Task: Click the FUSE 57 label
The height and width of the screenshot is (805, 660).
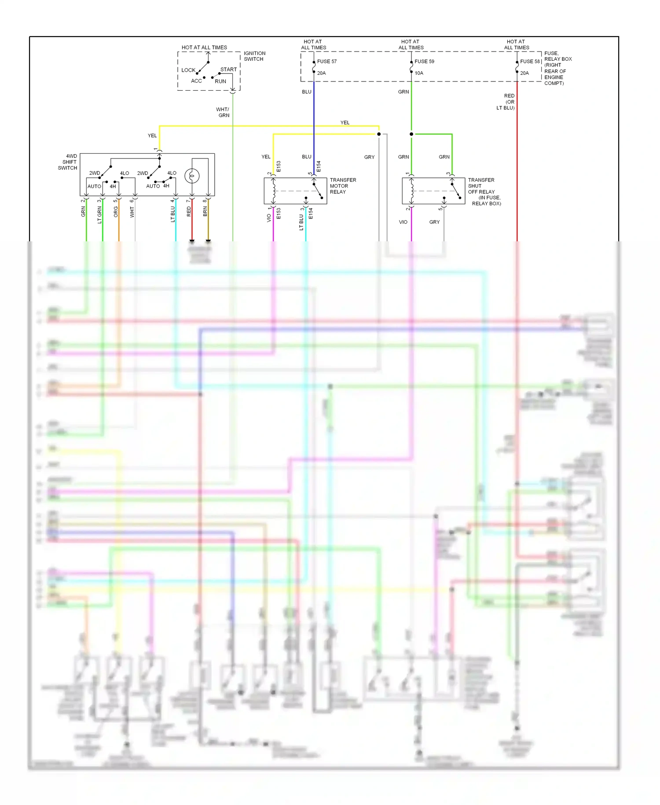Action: click(326, 62)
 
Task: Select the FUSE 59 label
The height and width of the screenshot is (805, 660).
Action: click(424, 62)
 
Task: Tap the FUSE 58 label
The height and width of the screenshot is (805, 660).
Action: click(530, 62)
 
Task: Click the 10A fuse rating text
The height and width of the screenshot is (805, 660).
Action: click(419, 73)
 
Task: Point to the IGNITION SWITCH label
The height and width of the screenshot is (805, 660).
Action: click(254, 56)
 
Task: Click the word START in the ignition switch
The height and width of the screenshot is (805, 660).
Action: click(228, 70)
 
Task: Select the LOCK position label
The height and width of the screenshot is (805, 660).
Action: click(188, 70)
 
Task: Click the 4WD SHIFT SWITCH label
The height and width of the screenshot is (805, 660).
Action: click(68, 162)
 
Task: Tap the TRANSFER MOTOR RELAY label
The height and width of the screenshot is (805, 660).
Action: click(343, 186)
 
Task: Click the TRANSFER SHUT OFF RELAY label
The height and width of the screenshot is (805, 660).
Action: click(483, 192)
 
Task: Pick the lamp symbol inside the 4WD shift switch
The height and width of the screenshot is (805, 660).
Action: click(192, 176)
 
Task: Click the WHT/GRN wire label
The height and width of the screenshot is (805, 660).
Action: click(223, 112)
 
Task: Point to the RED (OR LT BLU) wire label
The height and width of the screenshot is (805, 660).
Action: click(506, 102)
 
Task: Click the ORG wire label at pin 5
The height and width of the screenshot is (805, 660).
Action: click(116, 212)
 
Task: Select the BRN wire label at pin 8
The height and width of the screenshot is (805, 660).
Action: click(205, 212)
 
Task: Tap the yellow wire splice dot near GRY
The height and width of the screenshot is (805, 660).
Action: click(379, 134)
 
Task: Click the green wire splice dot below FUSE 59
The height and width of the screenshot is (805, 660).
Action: click(411, 134)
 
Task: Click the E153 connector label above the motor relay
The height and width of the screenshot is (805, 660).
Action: click(279, 166)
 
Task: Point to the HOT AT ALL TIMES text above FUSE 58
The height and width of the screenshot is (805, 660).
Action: click(517, 44)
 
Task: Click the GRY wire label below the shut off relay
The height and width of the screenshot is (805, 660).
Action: click(434, 222)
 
